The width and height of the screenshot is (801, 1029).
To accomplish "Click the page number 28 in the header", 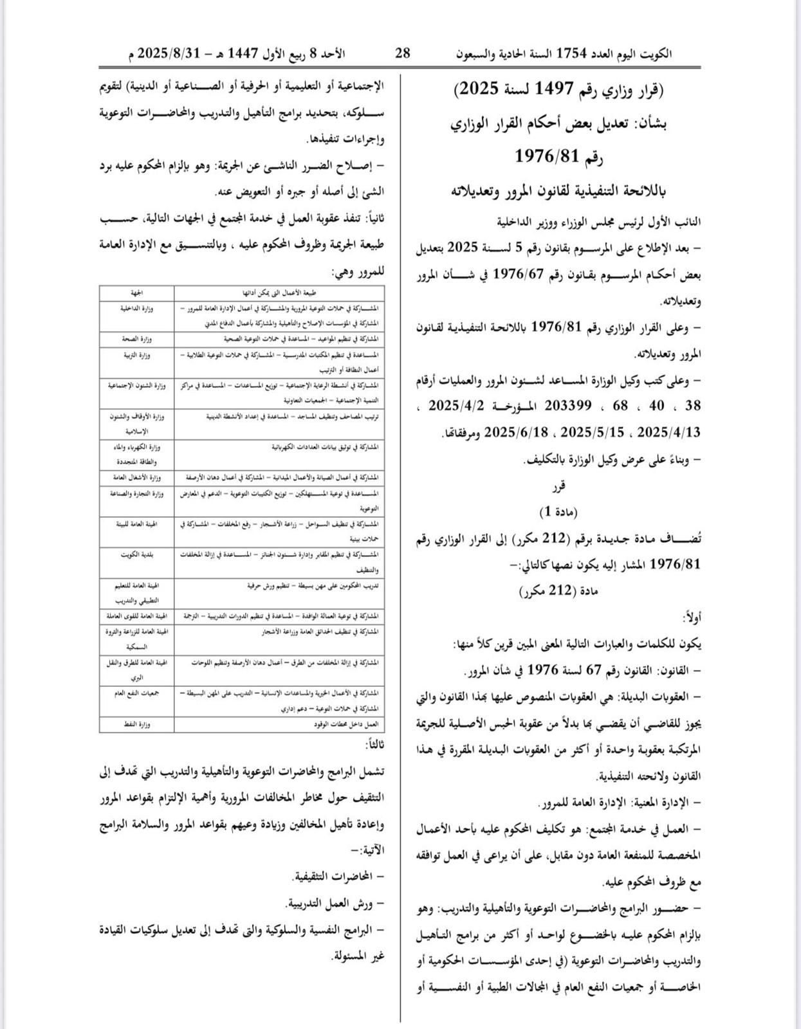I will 403,53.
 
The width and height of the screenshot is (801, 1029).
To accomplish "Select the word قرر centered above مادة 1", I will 558,487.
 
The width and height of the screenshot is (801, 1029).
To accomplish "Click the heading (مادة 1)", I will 558,512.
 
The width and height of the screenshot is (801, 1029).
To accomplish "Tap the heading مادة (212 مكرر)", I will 558,590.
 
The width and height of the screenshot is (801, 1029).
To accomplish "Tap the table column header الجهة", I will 136,293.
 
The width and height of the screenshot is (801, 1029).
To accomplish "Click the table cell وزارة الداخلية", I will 136,309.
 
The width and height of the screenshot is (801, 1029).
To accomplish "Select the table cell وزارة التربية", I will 136,355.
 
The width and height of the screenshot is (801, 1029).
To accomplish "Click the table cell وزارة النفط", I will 136,724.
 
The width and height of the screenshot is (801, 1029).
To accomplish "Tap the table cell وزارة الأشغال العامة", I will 136,478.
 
